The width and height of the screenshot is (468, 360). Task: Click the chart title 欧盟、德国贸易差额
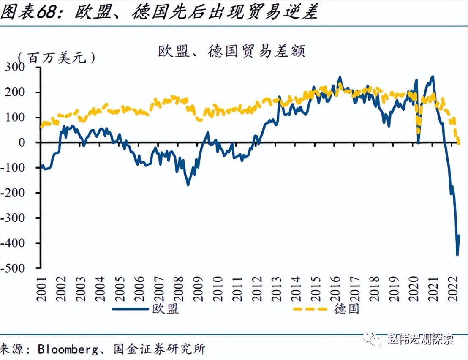231,52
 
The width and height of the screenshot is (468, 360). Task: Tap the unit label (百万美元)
57,57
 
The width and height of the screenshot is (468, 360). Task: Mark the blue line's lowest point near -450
457,255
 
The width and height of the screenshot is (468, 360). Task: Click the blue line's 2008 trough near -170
188,185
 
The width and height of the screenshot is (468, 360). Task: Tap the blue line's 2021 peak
432,77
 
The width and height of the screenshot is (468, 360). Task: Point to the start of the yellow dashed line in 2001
41,126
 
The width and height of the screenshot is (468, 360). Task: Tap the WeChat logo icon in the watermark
375,338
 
